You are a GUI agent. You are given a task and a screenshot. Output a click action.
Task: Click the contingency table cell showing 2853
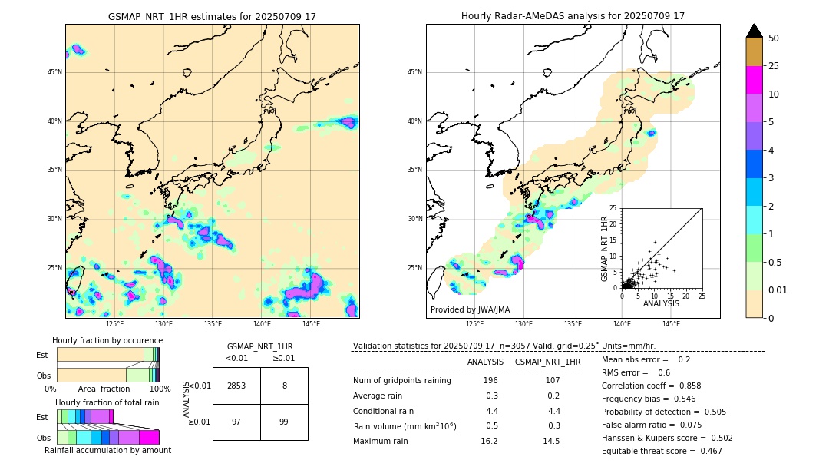click(x=236, y=386)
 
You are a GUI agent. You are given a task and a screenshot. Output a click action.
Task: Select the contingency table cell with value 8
click(x=284, y=386)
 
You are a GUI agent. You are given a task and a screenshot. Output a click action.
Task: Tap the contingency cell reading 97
click(x=236, y=422)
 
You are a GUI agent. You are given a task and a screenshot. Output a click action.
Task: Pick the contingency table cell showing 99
click(x=284, y=422)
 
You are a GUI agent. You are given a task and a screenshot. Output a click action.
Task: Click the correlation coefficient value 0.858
click(x=685, y=386)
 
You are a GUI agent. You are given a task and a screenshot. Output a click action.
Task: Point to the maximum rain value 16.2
click(x=489, y=441)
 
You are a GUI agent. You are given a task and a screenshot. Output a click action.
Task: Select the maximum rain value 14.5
click(x=550, y=441)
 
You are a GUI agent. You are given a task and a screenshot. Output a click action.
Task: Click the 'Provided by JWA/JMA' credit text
click(x=470, y=310)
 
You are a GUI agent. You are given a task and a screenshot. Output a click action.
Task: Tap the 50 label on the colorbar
click(x=774, y=38)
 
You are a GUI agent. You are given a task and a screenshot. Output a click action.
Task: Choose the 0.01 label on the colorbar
click(x=778, y=290)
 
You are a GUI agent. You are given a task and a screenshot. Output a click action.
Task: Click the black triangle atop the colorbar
click(x=755, y=31)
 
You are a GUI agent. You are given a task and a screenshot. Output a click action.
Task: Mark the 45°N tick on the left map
click(x=54, y=72)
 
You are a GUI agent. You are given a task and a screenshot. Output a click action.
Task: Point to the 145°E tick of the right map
click(x=671, y=324)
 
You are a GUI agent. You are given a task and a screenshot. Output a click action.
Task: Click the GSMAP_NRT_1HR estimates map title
click(x=212, y=16)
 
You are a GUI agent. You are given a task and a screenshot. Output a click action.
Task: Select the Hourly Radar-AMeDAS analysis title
click(x=573, y=16)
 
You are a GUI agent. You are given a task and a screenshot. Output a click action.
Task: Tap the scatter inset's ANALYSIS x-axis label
click(x=662, y=304)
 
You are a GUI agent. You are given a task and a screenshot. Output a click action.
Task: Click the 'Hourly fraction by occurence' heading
click(x=107, y=340)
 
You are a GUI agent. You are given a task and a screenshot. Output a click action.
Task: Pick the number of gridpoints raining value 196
click(x=490, y=381)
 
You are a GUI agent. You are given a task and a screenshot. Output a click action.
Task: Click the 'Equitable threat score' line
click(x=662, y=451)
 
